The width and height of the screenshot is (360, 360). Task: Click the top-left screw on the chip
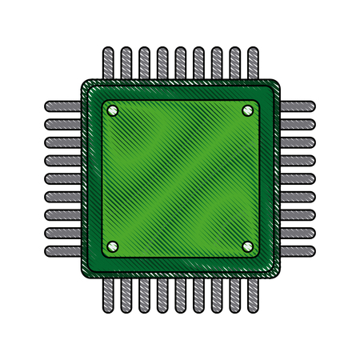(112, 110)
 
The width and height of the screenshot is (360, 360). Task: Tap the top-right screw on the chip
(246, 110)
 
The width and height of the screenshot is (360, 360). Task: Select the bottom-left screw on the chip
(112, 245)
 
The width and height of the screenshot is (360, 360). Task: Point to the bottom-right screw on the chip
(246, 245)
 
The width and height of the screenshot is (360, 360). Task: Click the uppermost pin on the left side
(62, 105)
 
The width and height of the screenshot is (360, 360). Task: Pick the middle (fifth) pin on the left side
(62, 178)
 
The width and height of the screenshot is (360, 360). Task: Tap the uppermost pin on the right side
(297, 105)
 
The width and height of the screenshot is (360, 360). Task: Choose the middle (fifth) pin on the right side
(297, 178)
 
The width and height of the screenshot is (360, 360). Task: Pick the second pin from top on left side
(62, 123)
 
